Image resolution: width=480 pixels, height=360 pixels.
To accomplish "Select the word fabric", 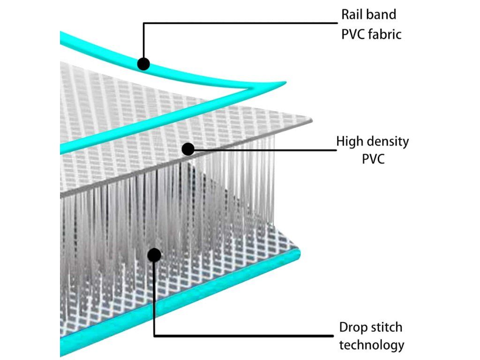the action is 384,34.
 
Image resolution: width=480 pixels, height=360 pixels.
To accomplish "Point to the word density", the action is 388,142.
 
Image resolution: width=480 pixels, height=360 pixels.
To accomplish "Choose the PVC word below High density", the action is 373,159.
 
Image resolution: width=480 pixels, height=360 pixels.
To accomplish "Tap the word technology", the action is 372,345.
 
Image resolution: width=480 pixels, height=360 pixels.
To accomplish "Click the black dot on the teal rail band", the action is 143,64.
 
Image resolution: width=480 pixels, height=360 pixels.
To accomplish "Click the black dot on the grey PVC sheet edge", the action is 188,149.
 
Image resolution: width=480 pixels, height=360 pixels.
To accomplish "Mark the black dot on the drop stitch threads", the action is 154,255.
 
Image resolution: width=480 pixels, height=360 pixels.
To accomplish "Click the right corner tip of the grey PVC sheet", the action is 312,120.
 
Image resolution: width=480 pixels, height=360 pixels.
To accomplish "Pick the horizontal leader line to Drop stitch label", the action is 243,336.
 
